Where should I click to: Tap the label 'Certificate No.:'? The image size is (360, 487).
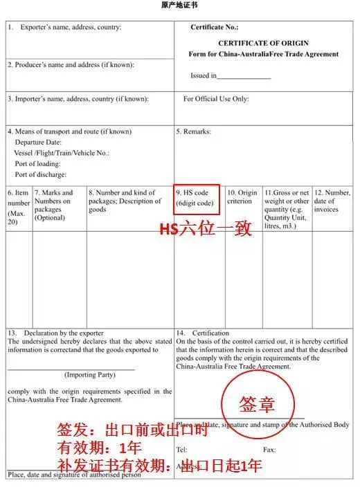(x=214, y=28)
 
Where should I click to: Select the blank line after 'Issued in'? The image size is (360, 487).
(x=244, y=77)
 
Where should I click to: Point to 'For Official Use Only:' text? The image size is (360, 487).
(x=215, y=99)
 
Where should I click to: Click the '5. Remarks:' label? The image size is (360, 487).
(x=194, y=131)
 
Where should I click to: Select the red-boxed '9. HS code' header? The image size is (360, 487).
(x=197, y=199)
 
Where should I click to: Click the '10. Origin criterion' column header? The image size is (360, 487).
(x=242, y=197)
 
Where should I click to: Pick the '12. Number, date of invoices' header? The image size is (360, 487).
(x=332, y=201)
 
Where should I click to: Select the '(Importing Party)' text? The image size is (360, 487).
(x=90, y=374)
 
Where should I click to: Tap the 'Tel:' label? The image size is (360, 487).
(x=181, y=450)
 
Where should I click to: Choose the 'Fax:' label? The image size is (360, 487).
(x=269, y=450)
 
